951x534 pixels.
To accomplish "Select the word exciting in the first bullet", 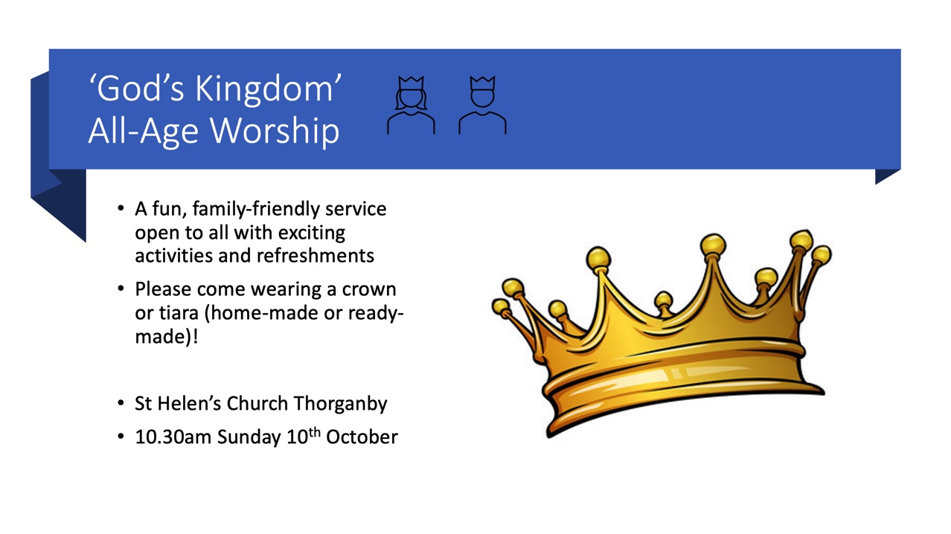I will [313, 233].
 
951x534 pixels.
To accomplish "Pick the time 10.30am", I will [173, 437].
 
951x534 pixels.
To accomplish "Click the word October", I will [363, 437].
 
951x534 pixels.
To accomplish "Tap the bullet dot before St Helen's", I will [121, 404].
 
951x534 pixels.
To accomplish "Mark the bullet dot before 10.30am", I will [121, 437].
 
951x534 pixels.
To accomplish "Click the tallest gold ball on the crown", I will [801, 239].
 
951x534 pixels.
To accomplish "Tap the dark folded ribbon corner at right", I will [887, 176].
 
